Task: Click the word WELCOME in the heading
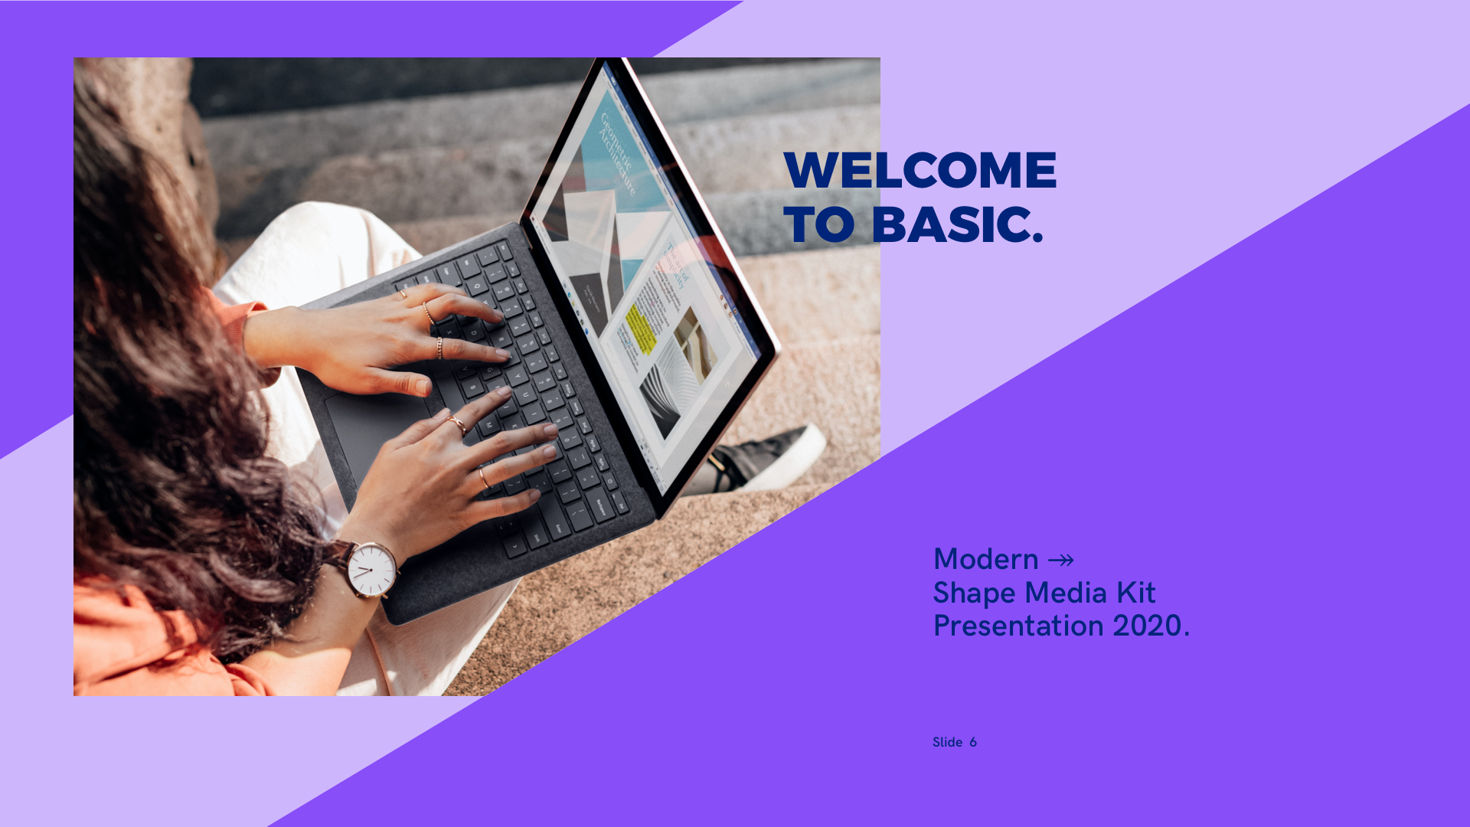click(x=920, y=170)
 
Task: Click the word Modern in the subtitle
click(x=986, y=560)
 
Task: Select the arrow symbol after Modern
click(x=1061, y=561)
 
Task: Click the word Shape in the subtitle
click(x=974, y=593)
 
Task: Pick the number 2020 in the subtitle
click(x=1147, y=626)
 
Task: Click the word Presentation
click(x=1018, y=626)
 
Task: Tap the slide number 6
click(x=973, y=742)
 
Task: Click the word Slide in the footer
click(x=947, y=742)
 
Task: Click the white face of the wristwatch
click(x=371, y=570)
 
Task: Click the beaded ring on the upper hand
click(x=439, y=348)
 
